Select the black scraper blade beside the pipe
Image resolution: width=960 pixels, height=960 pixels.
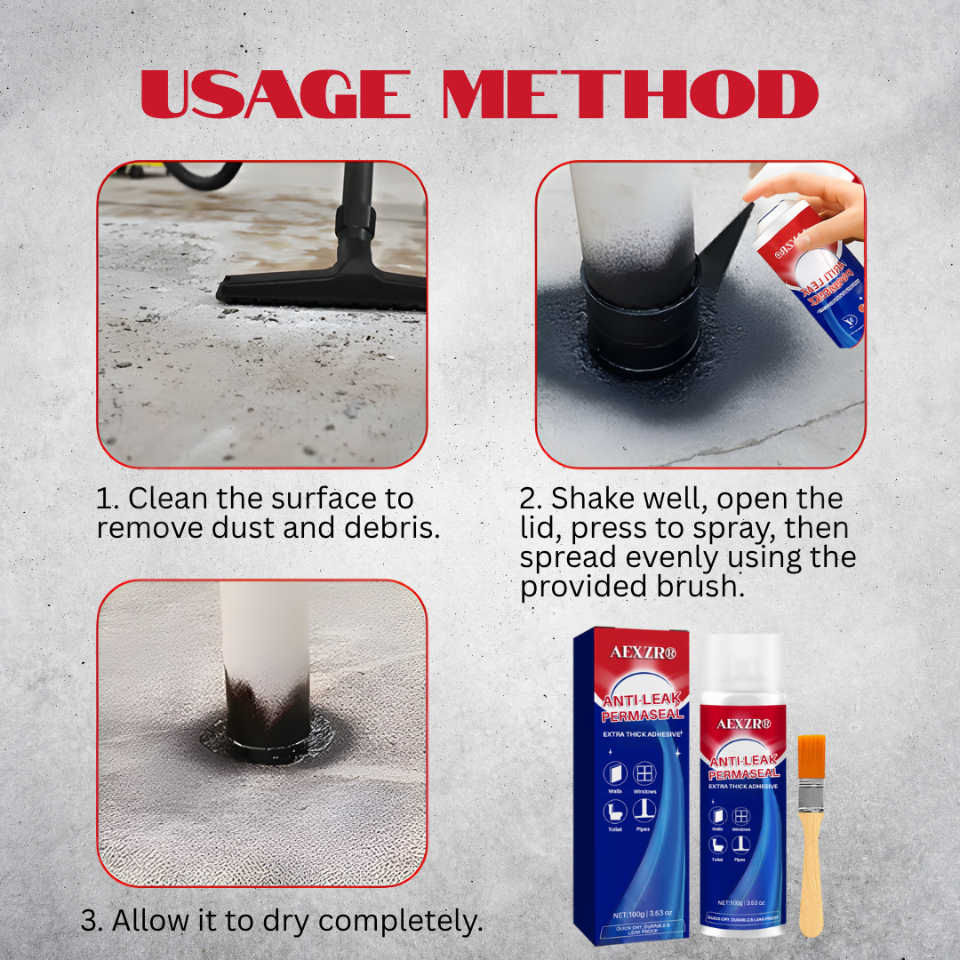coord(724,244)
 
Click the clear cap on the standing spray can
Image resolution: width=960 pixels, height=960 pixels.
coord(741,667)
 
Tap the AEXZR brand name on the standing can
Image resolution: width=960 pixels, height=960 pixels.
coord(741,724)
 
